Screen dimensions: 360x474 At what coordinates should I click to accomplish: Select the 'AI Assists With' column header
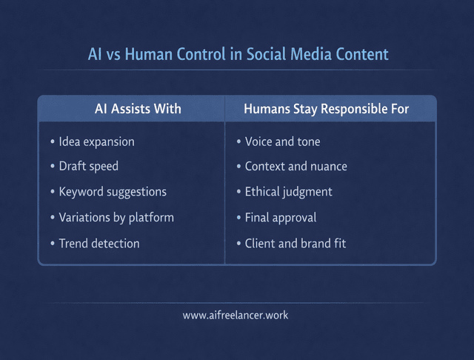click(x=138, y=109)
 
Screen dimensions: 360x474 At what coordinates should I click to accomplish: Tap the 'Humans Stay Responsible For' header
click(x=327, y=109)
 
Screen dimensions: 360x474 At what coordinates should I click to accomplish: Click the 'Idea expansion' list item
click(x=96, y=141)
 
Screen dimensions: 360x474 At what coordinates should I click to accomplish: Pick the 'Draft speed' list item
click(x=89, y=167)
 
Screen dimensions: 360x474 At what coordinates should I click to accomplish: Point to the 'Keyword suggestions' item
click(x=113, y=192)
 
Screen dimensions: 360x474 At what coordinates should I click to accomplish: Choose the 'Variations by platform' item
click(x=116, y=218)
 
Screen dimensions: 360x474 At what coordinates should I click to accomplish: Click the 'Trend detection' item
click(x=99, y=243)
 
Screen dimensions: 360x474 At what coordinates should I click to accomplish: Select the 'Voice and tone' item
click(x=282, y=141)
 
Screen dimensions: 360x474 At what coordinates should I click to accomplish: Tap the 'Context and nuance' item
click(x=296, y=167)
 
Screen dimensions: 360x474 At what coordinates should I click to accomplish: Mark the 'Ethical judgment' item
click(x=288, y=192)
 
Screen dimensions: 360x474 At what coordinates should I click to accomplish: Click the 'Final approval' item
click(x=281, y=218)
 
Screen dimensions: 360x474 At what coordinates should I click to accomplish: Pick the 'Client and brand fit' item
click(x=295, y=243)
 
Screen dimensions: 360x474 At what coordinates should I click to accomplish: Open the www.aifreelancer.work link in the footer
click(x=236, y=315)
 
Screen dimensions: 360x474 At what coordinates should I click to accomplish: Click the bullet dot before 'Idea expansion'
click(x=52, y=141)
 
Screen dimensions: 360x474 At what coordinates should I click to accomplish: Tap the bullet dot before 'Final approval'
click(x=238, y=218)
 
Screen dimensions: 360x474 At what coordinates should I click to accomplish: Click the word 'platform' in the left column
click(x=152, y=218)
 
